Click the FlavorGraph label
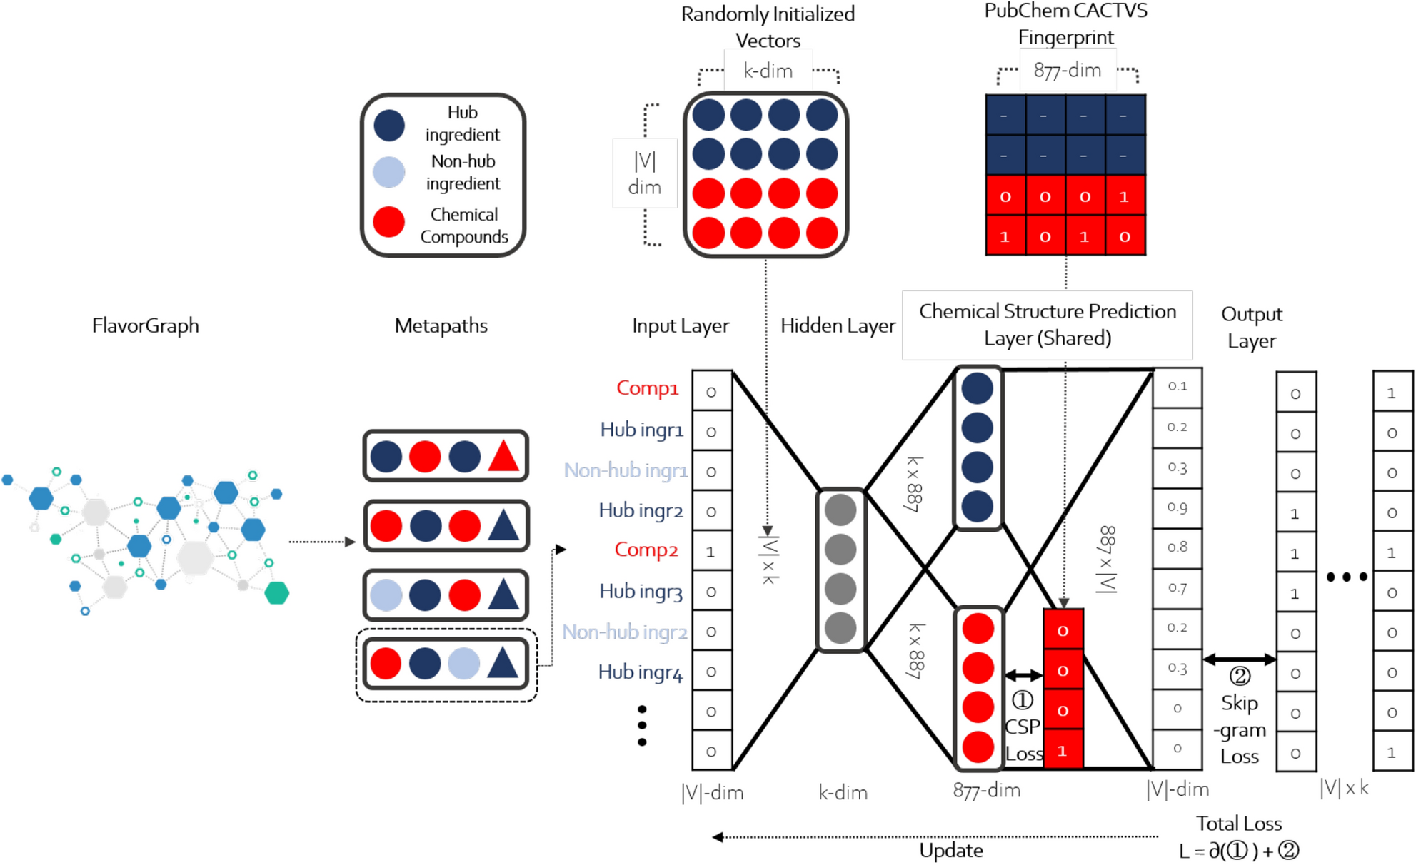pyautogui.click(x=145, y=325)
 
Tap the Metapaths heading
pyautogui.click(x=441, y=325)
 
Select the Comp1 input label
pyautogui.click(x=647, y=388)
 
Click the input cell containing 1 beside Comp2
pyautogui.click(x=710, y=552)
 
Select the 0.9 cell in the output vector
pyautogui.click(x=1177, y=507)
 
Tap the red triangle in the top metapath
pyautogui.click(x=503, y=457)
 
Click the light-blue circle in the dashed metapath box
pyautogui.click(x=463, y=663)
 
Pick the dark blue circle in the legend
pyautogui.click(x=389, y=125)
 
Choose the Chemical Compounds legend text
pyautogui.click(x=463, y=225)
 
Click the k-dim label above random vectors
pyautogui.click(x=768, y=71)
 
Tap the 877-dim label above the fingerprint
pyautogui.click(x=1067, y=70)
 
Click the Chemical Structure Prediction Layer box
pyautogui.click(x=1047, y=325)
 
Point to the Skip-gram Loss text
pyautogui.click(x=1239, y=729)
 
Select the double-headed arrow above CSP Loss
pyautogui.click(x=1023, y=674)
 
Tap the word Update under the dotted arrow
pyautogui.click(x=950, y=850)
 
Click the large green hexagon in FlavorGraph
pyautogui.click(x=276, y=592)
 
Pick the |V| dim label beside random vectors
pyautogui.click(x=644, y=173)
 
